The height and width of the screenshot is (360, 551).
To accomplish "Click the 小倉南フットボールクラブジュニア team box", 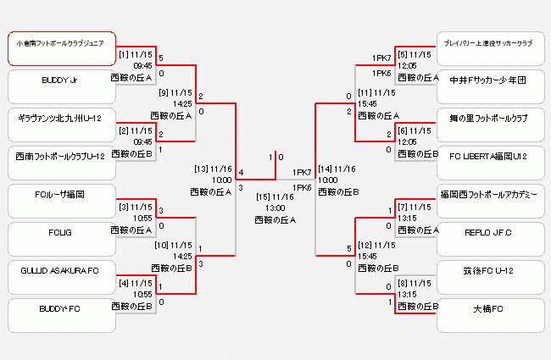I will tap(61, 49).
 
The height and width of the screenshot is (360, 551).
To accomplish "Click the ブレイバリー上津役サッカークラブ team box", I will tap(489, 49).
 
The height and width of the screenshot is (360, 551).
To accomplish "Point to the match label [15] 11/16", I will tap(275, 197).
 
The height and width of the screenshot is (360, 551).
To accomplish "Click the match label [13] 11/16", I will tap(213, 169).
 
